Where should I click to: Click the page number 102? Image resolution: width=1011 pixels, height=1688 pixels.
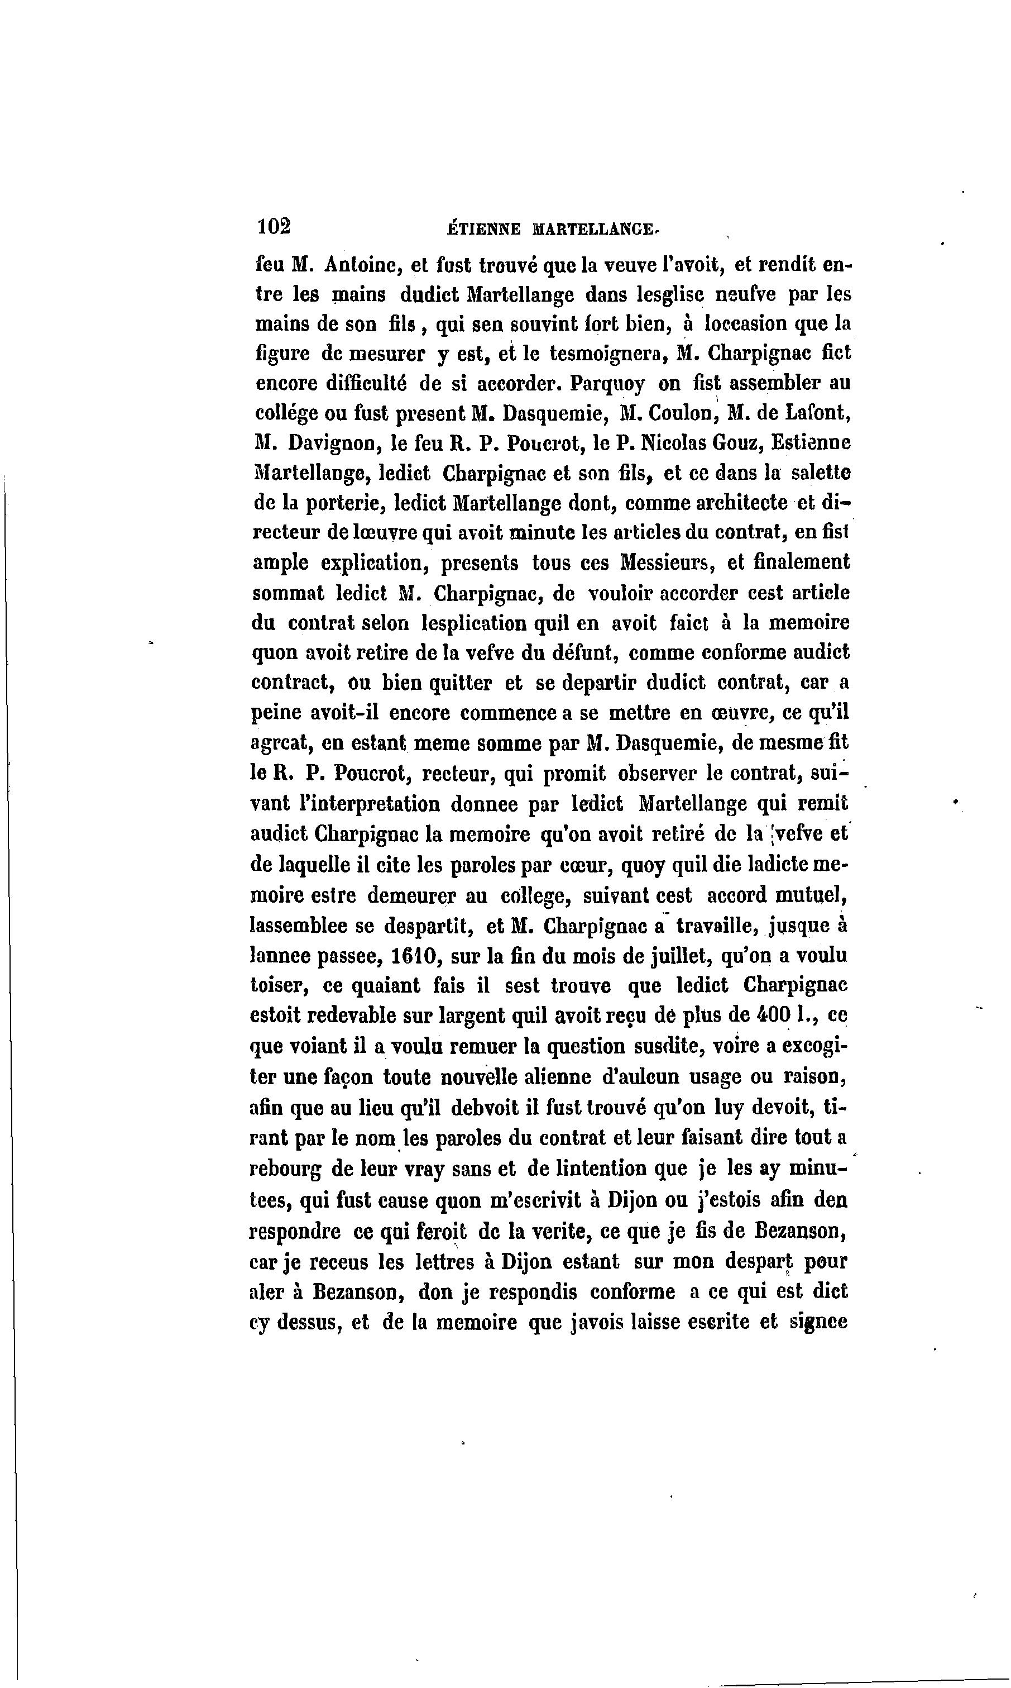point(274,227)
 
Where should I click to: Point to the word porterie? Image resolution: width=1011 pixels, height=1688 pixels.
point(347,504)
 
